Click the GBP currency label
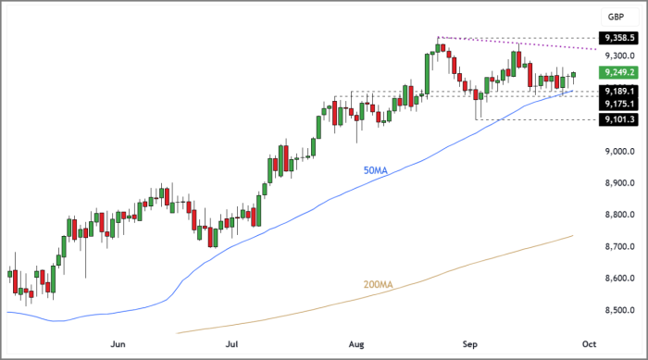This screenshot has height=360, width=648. [615, 18]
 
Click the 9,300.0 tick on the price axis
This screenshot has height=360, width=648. [617, 56]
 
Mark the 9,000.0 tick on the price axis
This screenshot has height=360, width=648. [617, 152]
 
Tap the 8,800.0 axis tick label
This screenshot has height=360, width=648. [617, 215]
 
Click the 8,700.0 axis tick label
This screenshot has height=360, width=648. [617, 247]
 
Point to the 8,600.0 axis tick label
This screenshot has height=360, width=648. [617, 279]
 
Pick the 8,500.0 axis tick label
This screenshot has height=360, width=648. [617, 310]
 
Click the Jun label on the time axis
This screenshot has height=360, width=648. [118, 343]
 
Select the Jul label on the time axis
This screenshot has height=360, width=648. [236, 343]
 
